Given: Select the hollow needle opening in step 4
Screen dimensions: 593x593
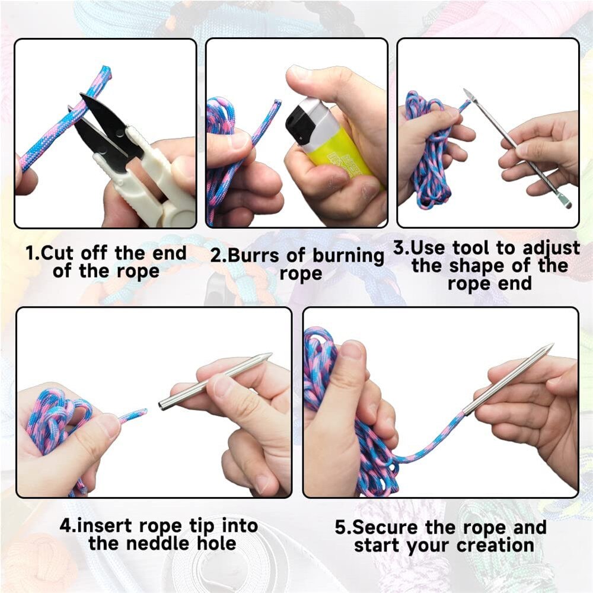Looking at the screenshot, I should click(162, 406).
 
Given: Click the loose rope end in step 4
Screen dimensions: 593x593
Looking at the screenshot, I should click(141, 411).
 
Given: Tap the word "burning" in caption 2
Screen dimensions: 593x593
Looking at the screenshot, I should click(348, 257).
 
